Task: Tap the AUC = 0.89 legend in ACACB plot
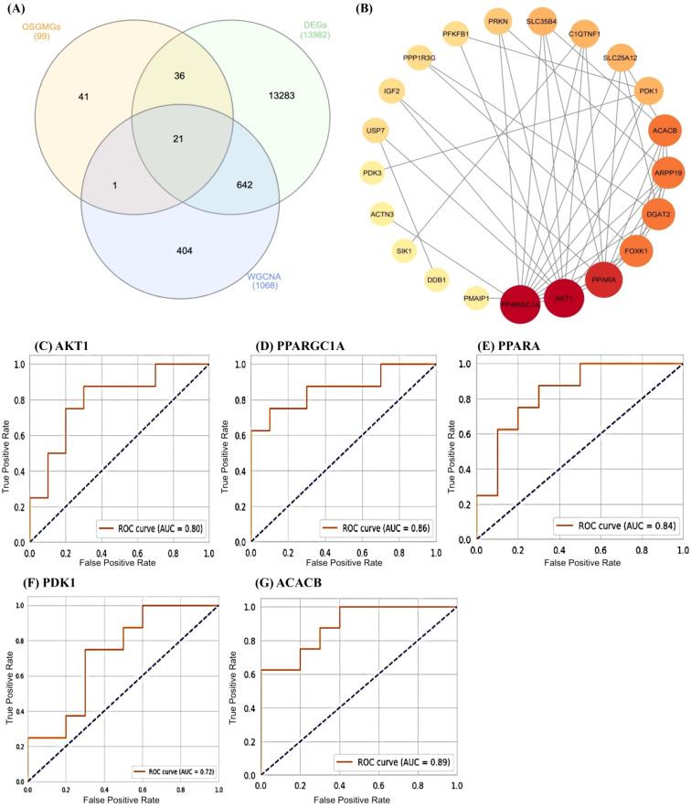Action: click(x=393, y=759)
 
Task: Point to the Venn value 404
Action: click(x=145, y=248)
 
